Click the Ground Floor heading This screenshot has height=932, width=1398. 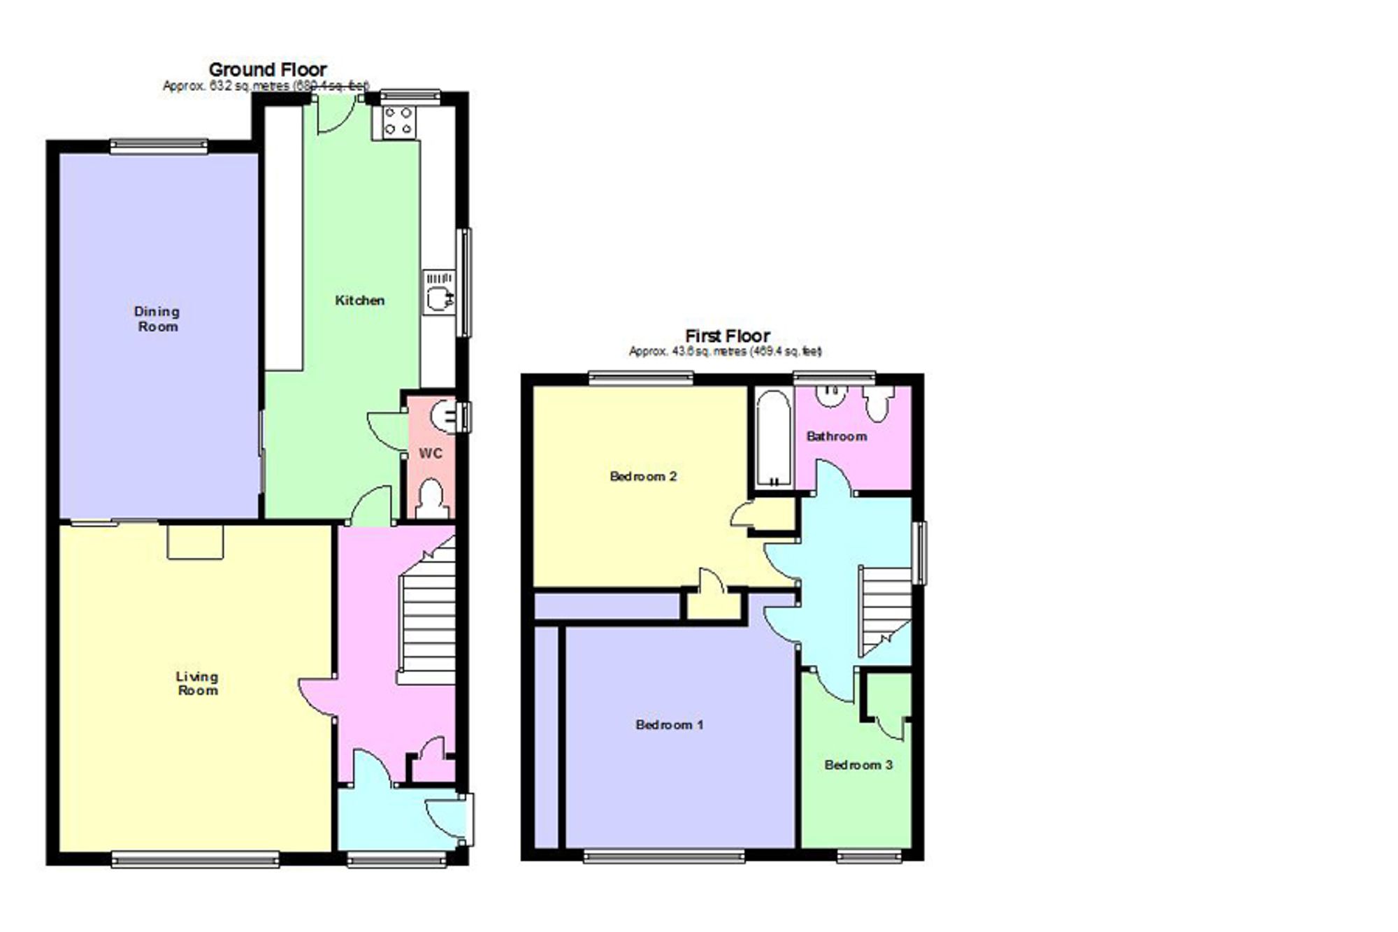268,70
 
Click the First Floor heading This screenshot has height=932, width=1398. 727,336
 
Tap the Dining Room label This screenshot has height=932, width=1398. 157,319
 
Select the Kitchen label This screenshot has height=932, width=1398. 359,301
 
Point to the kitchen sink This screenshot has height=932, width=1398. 439,292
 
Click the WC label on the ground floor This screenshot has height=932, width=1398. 431,454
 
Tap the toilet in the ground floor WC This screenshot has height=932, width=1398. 432,498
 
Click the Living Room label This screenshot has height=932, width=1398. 197,683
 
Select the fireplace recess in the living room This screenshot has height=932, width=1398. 195,542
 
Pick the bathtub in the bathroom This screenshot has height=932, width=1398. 774,438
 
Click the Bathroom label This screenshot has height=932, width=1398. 837,436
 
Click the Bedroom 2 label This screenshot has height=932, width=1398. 643,477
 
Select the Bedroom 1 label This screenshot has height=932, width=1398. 669,725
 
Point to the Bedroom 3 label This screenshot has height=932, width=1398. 858,765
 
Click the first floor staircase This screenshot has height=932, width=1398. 884,605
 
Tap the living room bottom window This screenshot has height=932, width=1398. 195,859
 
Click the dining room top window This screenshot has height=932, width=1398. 159,146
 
